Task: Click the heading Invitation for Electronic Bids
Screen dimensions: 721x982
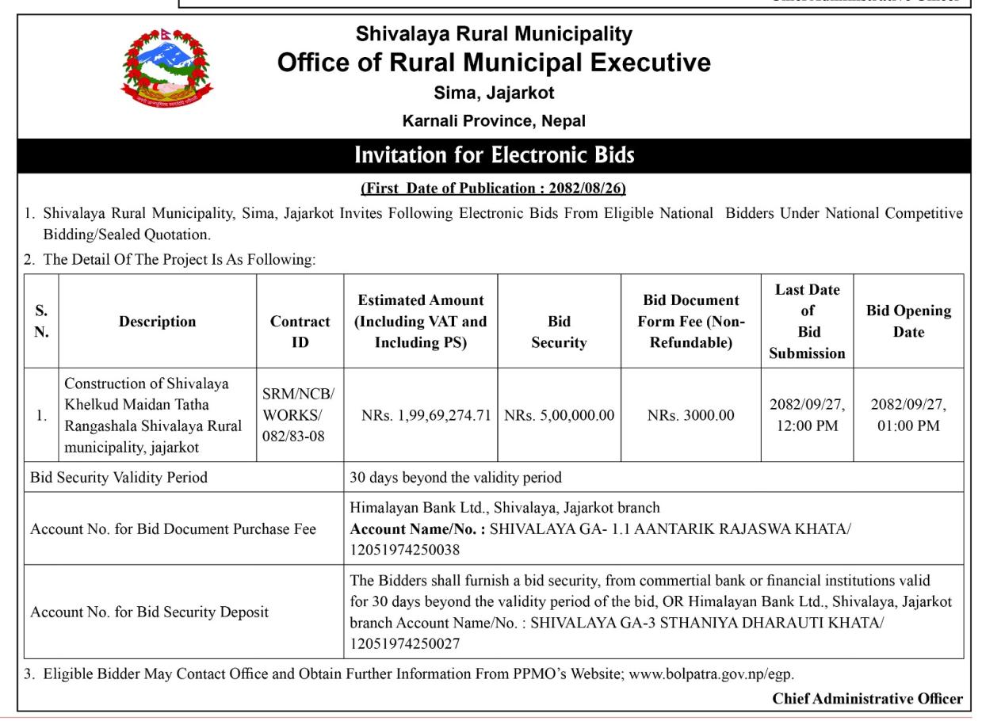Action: point(495,155)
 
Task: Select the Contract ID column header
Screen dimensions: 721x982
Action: point(300,332)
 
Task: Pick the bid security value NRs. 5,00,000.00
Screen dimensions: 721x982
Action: point(559,414)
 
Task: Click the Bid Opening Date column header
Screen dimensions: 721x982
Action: point(908,321)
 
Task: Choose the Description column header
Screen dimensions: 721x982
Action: point(158,322)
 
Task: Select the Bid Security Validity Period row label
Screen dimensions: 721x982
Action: point(119,478)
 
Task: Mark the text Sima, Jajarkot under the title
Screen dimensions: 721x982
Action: point(494,93)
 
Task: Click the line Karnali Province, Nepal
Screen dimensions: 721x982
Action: point(494,121)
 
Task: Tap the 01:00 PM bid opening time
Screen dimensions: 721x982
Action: point(908,425)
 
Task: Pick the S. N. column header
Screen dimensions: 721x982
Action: point(42,321)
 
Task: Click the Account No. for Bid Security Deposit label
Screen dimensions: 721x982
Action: point(149,612)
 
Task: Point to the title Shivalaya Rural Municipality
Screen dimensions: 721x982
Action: point(494,34)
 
